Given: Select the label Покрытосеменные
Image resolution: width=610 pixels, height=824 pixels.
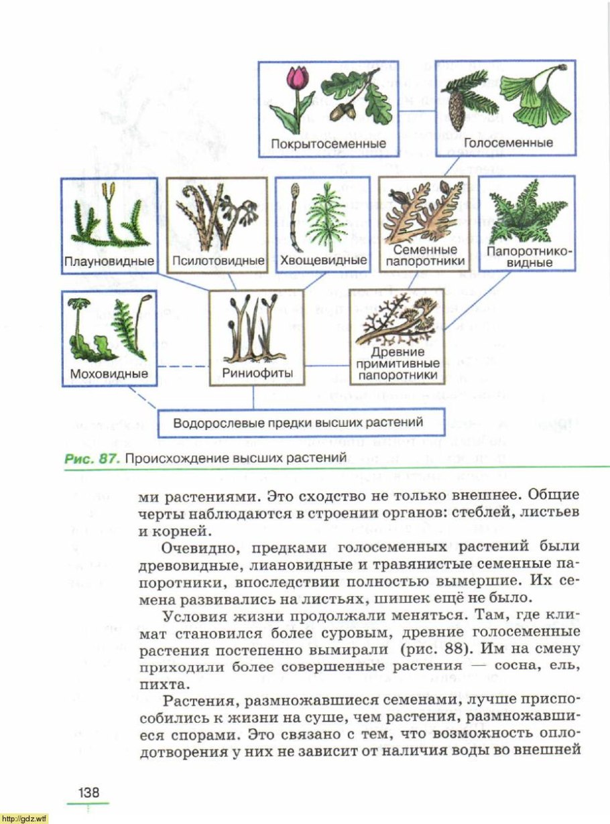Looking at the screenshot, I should click(x=328, y=143).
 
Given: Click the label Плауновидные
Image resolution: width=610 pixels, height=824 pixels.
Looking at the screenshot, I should click(x=109, y=261).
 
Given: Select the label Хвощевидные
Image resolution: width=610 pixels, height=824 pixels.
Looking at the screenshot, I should click(x=323, y=260).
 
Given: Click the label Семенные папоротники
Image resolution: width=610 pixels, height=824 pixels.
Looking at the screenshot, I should click(x=424, y=255).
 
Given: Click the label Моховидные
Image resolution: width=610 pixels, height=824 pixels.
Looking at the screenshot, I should click(x=109, y=373).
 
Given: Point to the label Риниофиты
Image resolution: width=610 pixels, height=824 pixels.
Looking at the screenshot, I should click(x=252, y=372).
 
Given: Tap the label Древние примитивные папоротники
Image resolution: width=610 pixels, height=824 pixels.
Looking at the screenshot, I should click(x=398, y=364).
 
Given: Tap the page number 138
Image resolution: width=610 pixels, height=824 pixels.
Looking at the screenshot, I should click(x=88, y=793).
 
